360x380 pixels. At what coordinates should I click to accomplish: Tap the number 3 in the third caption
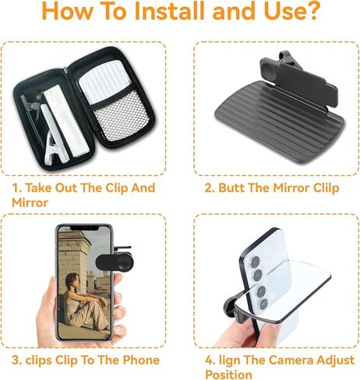(15, 360)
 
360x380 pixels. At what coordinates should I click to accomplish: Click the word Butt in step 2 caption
(234, 188)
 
